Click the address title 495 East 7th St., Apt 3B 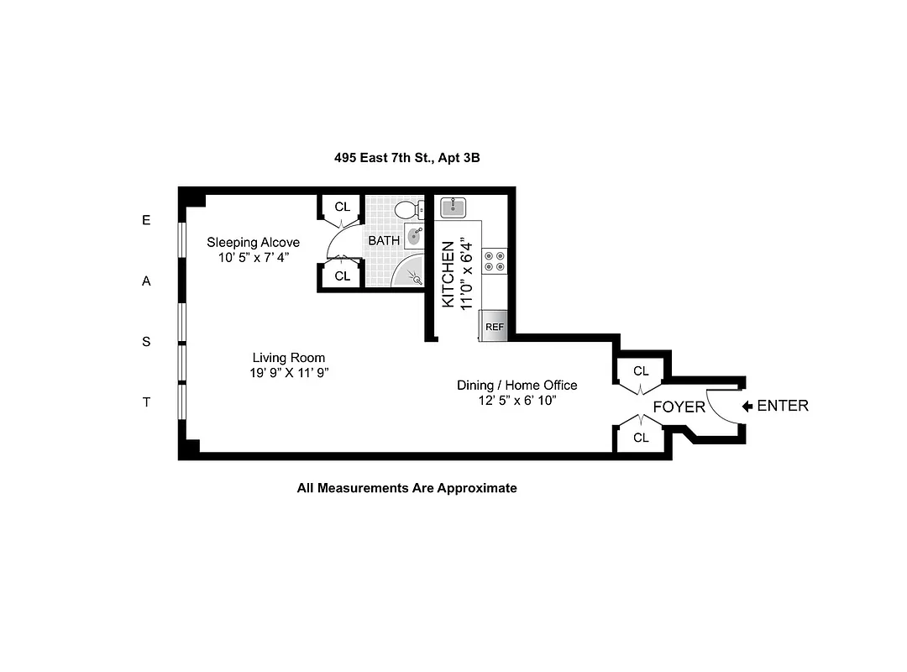(x=406, y=157)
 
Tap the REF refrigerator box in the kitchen (x=494, y=326)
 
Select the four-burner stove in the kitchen (x=495, y=260)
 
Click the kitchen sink (x=453, y=207)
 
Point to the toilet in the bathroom (x=407, y=210)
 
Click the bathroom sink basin (x=416, y=236)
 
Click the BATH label (x=384, y=240)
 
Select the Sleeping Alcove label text (x=253, y=243)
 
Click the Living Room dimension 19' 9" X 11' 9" (x=288, y=372)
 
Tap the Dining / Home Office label (x=516, y=385)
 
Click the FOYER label (x=679, y=407)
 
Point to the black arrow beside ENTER (x=747, y=407)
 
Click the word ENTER (x=783, y=406)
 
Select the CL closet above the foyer (x=641, y=370)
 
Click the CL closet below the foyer (x=641, y=438)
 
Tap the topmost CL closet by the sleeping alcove (x=342, y=207)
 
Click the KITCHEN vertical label (x=448, y=275)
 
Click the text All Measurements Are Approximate (x=406, y=487)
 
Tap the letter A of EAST (x=146, y=281)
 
